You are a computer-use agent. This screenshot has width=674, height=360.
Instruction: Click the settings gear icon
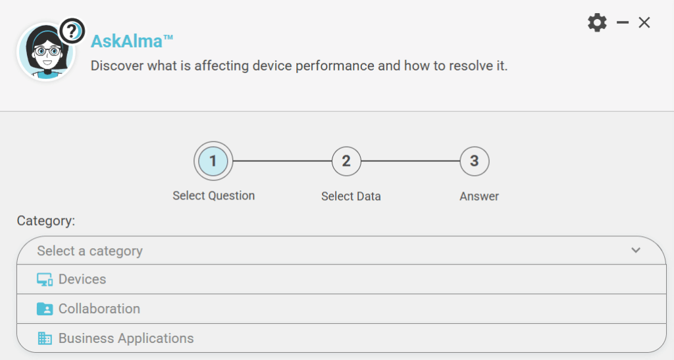597,22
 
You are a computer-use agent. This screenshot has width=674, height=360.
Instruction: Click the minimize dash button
623,22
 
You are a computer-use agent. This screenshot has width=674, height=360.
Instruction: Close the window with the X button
644,22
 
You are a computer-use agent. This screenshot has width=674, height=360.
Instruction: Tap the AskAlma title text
132,41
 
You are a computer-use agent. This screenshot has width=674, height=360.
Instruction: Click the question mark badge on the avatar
72,31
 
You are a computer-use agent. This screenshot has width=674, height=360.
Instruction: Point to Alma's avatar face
46,52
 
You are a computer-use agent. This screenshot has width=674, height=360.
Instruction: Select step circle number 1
213,161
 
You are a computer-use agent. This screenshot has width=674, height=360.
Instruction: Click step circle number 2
346,161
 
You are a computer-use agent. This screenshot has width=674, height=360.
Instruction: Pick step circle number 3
474,161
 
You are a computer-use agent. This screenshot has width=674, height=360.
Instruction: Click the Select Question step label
214,196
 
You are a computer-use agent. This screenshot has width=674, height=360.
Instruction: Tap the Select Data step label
351,196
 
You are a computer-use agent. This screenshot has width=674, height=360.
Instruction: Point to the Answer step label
479,196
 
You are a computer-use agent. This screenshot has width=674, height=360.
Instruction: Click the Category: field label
46,221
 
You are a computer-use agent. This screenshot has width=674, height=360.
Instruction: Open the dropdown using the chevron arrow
636,250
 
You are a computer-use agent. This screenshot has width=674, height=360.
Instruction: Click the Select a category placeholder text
90,251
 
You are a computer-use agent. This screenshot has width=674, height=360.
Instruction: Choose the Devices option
82,279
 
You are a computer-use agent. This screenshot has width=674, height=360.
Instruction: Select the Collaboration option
99,309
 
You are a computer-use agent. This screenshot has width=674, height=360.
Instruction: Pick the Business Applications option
126,338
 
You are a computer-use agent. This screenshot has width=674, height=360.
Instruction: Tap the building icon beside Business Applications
45,338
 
